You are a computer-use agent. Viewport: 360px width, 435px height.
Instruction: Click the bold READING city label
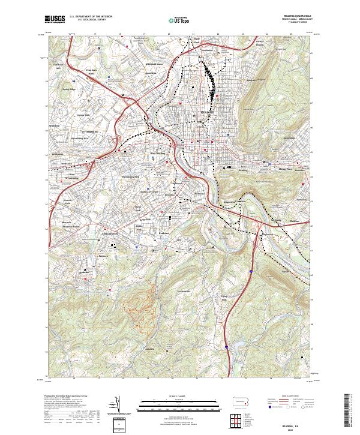pyautogui.click(x=206, y=112)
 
